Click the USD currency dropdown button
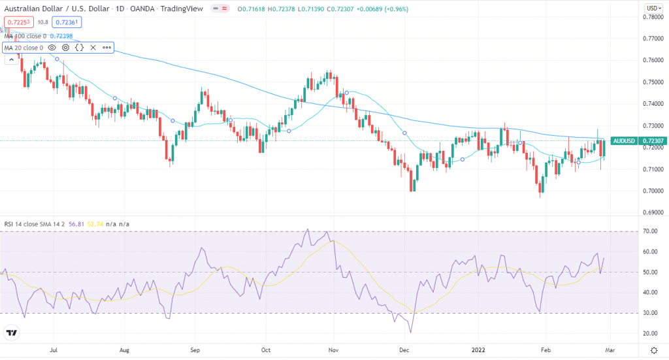click(x=652, y=7)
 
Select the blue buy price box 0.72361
click(x=67, y=22)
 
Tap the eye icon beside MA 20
click(x=52, y=48)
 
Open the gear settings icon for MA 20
click(x=66, y=48)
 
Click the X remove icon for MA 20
click(x=93, y=48)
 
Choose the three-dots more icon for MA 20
click(x=106, y=48)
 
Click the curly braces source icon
click(x=79, y=48)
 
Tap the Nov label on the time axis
click(x=333, y=350)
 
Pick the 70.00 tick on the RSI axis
click(x=649, y=231)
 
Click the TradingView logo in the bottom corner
click(x=11, y=333)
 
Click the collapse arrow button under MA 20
click(x=11, y=59)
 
